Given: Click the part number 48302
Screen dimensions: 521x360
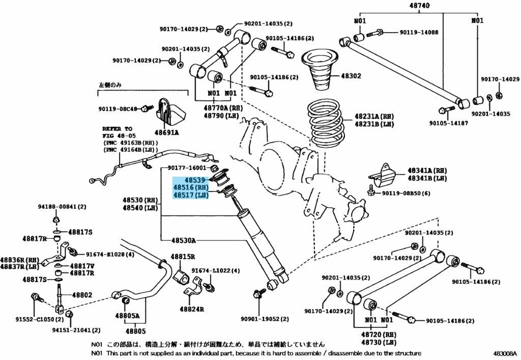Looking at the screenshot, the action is (x=351, y=76).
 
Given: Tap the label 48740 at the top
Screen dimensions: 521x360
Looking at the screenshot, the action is (x=419, y=5).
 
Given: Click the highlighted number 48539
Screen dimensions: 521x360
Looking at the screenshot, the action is (x=195, y=180).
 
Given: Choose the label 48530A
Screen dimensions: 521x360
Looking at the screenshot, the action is (x=184, y=240).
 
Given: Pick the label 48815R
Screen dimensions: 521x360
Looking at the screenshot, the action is (x=183, y=257).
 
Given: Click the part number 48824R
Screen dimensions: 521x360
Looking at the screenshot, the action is (x=192, y=309).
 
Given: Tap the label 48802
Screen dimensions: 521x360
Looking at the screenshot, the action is (x=82, y=295).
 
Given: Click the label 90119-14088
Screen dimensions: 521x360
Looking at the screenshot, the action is (x=419, y=32).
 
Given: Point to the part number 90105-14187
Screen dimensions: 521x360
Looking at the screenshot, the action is (x=449, y=123).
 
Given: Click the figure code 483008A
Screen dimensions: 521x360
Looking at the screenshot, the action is (x=505, y=353).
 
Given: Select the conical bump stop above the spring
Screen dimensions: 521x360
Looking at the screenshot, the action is (x=320, y=70).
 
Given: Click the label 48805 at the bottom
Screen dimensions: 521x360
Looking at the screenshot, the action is (x=135, y=331).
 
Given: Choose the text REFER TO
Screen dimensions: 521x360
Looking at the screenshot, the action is (x=118, y=129).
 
